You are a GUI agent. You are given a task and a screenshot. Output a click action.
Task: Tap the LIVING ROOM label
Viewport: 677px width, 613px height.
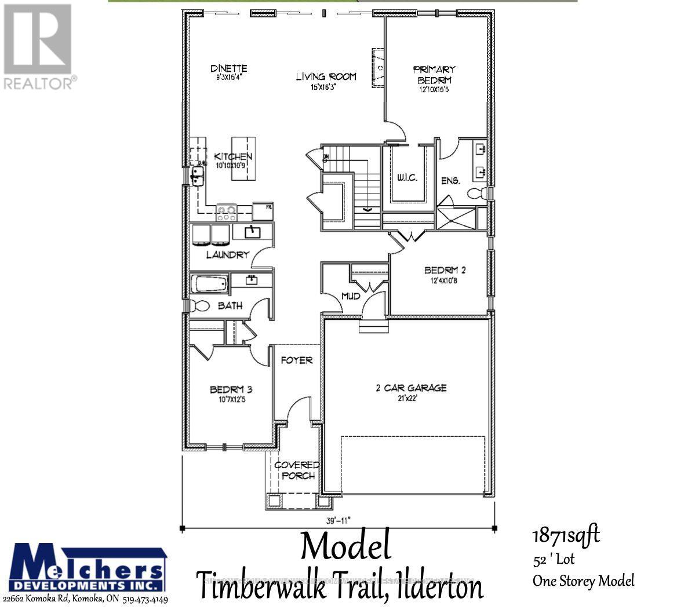click(x=326, y=76)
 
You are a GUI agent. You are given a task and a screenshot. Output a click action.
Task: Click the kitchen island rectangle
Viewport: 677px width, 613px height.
click(x=243, y=158)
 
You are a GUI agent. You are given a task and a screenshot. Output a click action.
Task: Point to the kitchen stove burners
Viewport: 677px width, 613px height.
click(x=226, y=211)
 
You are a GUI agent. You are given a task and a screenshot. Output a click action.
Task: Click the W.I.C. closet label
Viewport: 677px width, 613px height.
click(x=407, y=177)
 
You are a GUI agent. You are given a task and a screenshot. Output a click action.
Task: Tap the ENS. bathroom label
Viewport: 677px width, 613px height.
click(x=450, y=181)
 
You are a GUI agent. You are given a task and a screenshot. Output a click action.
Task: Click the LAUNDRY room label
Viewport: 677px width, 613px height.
click(x=227, y=254)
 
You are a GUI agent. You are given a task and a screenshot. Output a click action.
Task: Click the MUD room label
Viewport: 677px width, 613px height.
click(x=351, y=296)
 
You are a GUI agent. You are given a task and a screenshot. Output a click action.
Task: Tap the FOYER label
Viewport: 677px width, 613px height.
click(x=297, y=360)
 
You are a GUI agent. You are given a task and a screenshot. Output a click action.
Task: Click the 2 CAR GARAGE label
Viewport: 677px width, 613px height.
click(x=410, y=388)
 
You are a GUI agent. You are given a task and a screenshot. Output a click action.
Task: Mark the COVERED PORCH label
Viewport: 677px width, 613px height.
click(x=297, y=470)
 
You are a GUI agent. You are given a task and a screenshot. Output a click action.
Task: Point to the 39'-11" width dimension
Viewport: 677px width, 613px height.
click(x=338, y=520)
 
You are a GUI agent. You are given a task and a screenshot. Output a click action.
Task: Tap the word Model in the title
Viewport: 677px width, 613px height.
click(x=346, y=547)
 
